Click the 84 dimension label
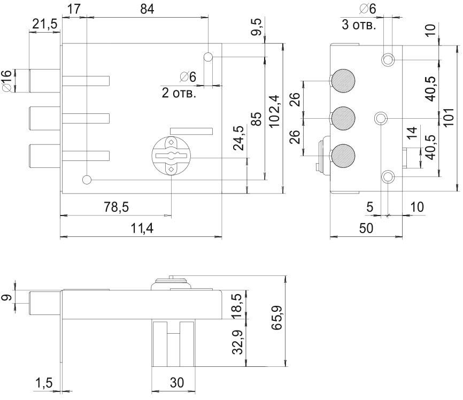[x=146, y=9]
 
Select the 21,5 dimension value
[x=45, y=24]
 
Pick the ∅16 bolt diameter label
[x=7, y=80]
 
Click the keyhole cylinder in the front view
[x=171, y=155]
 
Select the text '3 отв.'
[x=359, y=25]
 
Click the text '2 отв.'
[x=179, y=93]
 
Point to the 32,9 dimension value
[x=239, y=342]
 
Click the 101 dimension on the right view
[x=449, y=116]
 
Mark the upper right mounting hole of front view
[x=209, y=57]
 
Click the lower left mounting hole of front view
[x=87, y=180]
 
